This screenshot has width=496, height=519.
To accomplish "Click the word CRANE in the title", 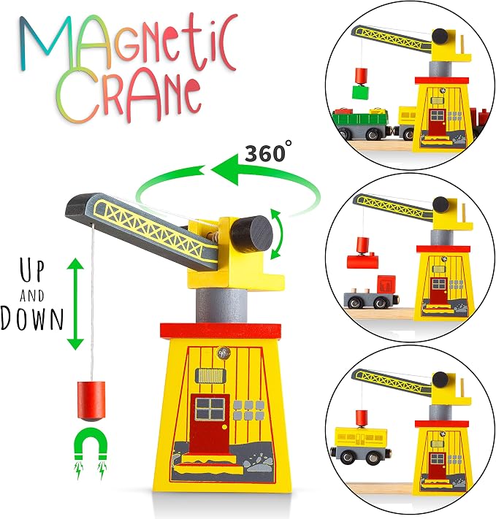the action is pyautogui.click(x=128, y=96).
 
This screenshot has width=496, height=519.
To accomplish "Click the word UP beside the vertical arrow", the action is pyautogui.click(x=32, y=271).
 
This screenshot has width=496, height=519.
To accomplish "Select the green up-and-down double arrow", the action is pyautogui.click(x=75, y=304).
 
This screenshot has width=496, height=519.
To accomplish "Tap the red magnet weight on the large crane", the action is pyautogui.click(x=91, y=401).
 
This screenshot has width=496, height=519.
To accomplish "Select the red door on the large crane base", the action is pyautogui.click(x=210, y=424).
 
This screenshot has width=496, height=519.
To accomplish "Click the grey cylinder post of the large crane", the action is pyautogui.click(x=221, y=306).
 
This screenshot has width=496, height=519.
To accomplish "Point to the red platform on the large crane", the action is pyautogui.click(x=221, y=331).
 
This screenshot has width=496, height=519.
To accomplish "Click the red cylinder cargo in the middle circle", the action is pyautogui.click(x=363, y=261).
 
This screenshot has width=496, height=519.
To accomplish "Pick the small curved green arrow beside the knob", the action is pyautogui.click(x=279, y=234).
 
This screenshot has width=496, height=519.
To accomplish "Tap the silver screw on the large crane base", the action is pyautogui.click(x=224, y=353).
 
